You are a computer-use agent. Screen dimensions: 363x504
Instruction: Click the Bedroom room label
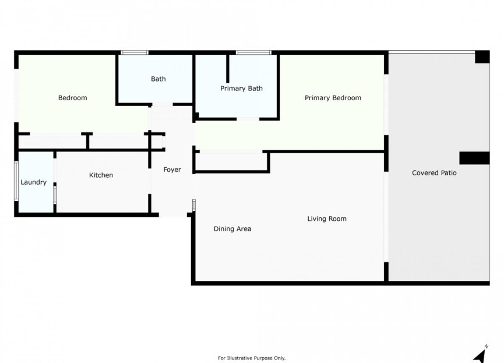pyautogui.click(x=72, y=98)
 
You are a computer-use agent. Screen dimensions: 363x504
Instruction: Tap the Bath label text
pyautogui.click(x=158, y=79)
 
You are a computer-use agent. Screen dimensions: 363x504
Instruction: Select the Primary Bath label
pyautogui.click(x=241, y=89)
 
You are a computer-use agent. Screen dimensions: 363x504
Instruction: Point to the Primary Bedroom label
pyautogui.click(x=333, y=98)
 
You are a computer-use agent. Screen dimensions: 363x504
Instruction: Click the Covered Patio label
pyautogui.click(x=434, y=173)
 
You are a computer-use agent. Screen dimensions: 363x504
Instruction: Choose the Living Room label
pyautogui.click(x=327, y=219)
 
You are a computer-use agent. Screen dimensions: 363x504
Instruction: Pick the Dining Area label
pyautogui.click(x=232, y=229)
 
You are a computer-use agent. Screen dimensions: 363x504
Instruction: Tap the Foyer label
pyautogui.click(x=172, y=170)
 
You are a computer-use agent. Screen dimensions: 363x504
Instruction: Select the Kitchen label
pyautogui.click(x=101, y=175)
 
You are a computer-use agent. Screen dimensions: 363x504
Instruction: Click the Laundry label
pyautogui.click(x=33, y=182)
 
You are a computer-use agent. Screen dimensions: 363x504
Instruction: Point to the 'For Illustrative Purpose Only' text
pyautogui.click(x=252, y=358)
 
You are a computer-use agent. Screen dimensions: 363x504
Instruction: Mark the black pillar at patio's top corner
pyautogui.click(x=482, y=57)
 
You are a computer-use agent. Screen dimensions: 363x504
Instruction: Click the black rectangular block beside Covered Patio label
pyautogui.click(x=474, y=158)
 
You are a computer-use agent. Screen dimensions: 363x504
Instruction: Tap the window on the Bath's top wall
pyautogui.click(x=134, y=53)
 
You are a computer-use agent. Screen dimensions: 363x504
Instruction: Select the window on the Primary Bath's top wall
pyautogui.click(x=253, y=53)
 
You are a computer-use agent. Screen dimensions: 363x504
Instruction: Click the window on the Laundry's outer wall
pyautogui.click(x=16, y=181)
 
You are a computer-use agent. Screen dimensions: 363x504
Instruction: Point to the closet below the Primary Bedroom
pyautogui.click(x=231, y=161)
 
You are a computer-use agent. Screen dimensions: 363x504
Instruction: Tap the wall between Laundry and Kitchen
pyautogui.click(x=55, y=182)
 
